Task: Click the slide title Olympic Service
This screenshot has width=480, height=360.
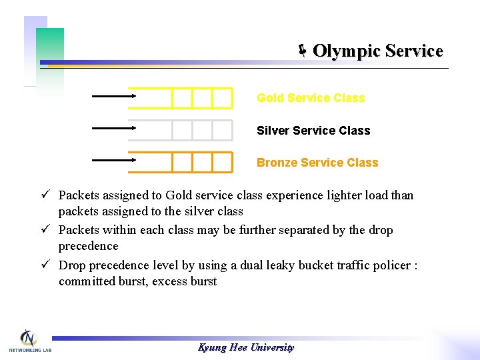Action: (377, 51)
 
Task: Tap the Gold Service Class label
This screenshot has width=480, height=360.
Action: (311, 98)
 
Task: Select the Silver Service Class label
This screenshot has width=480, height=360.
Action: (313, 131)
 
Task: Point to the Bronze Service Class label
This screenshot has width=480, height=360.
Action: (317, 163)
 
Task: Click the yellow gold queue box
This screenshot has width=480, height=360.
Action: (180, 98)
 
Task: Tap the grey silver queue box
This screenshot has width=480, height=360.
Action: (180, 130)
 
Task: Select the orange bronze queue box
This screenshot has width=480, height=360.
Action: (180, 162)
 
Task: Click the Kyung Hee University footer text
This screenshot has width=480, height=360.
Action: (246, 347)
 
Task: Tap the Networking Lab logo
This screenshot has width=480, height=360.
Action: (29, 341)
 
